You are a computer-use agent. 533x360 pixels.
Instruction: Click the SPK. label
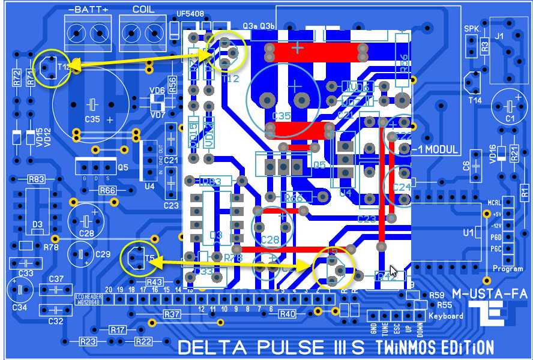pos(472,29)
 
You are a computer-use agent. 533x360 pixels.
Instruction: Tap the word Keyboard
pos(446,316)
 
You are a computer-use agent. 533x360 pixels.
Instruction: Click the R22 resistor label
pos(143,341)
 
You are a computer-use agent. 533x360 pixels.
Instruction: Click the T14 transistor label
pos(475,100)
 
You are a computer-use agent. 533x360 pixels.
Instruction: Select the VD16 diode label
pos(492,154)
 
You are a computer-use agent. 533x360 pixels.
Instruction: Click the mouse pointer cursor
pos(394,271)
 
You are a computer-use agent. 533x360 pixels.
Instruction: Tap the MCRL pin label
pos(495,202)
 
